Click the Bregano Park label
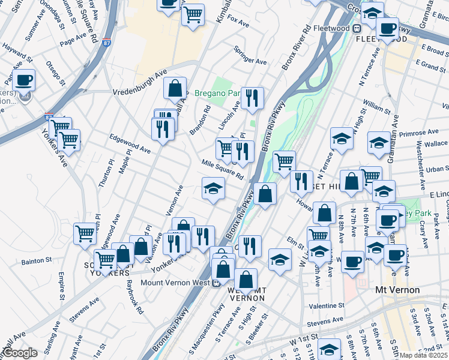(x=216, y=94)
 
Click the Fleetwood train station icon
(x=357, y=28)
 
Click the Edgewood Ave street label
(x=130, y=143)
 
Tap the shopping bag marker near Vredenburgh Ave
(x=175, y=89)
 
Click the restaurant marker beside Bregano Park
(x=252, y=98)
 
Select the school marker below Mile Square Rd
(x=213, y=190)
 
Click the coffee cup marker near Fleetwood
(x=388, y=28)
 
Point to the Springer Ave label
(x=250, y=55)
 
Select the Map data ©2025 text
(x=424, y=355)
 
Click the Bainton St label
(x=37, y=261)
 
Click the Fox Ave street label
(x=238, y=22)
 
